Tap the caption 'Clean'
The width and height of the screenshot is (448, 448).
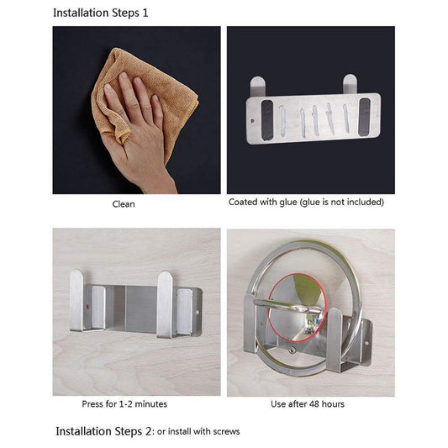(124, 203)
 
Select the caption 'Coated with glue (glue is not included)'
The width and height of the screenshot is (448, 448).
(306, 203)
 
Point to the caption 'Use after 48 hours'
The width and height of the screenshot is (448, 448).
(308, 404)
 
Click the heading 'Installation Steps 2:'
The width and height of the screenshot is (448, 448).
(105, 431)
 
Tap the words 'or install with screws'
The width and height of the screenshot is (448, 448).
(198, 432)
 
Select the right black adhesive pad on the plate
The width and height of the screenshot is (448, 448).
(361, 116)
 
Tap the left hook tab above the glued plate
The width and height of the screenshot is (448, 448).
(258, 85)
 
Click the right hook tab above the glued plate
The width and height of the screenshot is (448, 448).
(349, 83)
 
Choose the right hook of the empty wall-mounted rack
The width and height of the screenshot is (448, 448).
(165, 303)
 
